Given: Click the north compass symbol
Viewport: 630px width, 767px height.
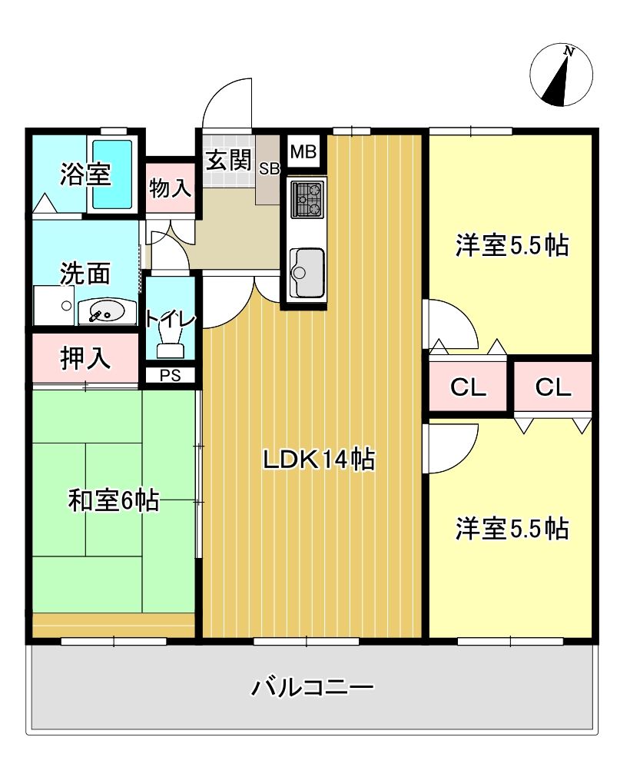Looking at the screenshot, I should pos(562,75).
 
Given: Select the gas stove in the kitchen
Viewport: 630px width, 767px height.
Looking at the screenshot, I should pos(307,200).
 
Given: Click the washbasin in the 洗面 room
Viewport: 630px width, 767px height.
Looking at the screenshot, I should pos(104,312).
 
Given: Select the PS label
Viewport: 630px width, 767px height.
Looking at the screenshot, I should pos(170,376).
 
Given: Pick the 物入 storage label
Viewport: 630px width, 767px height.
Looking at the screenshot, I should pos(170,189).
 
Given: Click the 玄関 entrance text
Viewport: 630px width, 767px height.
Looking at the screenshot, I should pos(228,161).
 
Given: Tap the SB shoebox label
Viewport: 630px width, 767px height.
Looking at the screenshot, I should pos(269,169).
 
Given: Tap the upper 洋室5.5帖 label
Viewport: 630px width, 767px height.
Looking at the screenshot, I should pos(510,245).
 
